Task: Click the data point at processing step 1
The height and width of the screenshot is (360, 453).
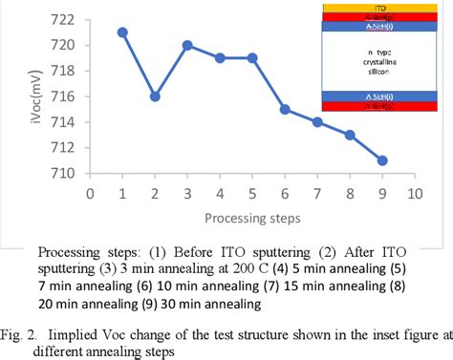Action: click(x=122, y=32)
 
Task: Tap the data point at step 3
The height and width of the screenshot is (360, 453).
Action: click(x=187, y=45)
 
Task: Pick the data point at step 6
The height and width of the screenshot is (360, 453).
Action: click(x=285, y=109)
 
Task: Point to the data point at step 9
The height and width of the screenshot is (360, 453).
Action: click(x=382, y=160)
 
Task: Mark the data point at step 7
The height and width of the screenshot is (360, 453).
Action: click(x=317, y=122)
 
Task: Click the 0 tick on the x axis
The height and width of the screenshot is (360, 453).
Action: click(x=90, y=192)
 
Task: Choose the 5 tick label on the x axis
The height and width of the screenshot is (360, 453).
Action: click(x=252, y=192)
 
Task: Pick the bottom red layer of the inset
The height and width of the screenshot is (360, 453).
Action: click(x=388, y=108)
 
